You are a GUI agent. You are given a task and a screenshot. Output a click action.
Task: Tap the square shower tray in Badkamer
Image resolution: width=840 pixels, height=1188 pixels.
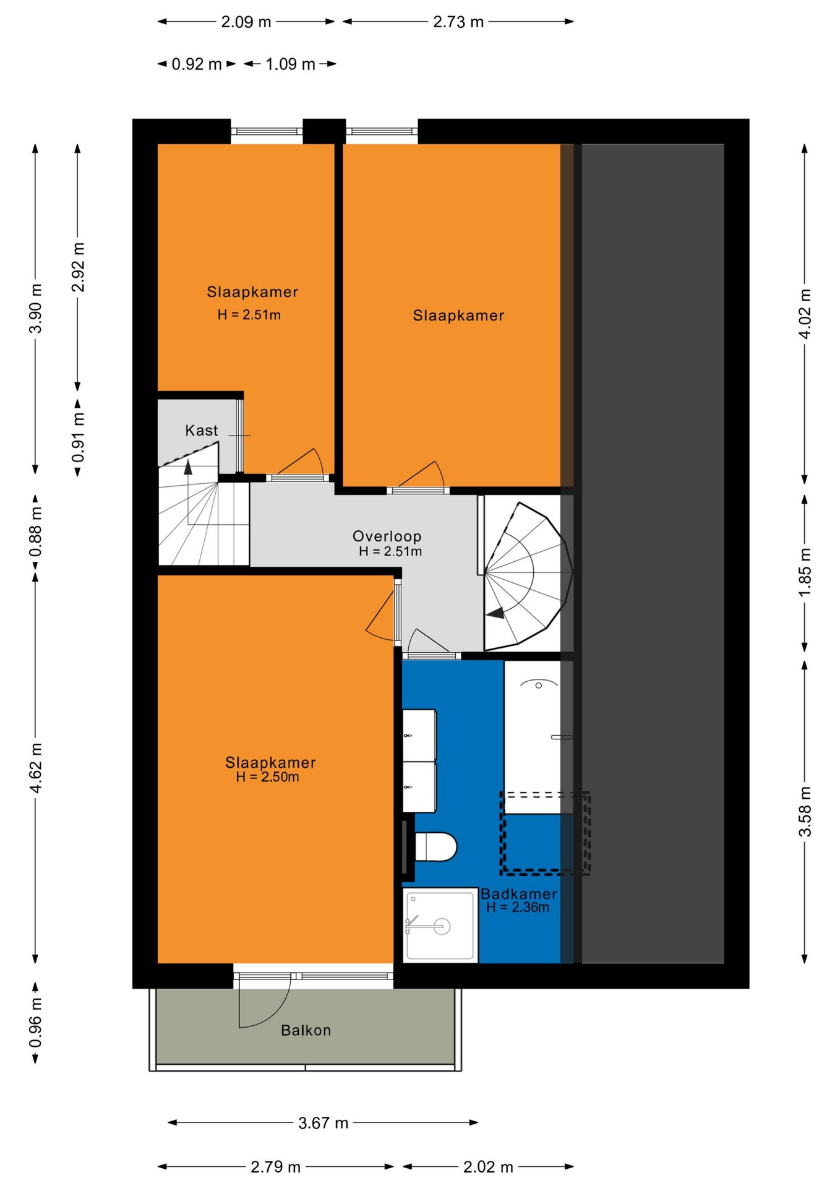click(440, 926)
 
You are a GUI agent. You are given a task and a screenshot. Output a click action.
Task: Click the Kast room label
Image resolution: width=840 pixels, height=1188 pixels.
click(201, 431)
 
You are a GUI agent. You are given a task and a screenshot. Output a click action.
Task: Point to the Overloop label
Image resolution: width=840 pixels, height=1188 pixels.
click(387, 536)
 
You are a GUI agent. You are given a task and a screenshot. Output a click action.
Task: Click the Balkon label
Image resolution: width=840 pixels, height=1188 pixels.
click(306, 1030)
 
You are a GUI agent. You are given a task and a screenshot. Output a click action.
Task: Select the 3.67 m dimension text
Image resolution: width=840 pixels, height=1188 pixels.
click(323, 1123)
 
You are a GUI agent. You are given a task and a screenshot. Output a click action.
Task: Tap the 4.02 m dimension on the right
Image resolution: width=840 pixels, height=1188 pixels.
click(805, 314)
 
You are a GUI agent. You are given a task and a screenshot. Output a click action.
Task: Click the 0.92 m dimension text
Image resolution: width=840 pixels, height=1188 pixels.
click(196, 64)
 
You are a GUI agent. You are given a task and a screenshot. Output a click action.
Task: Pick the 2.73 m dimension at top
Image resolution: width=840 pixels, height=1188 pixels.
click(458, 22)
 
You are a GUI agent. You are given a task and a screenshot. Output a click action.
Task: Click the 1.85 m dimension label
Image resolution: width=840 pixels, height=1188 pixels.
click(805, 572)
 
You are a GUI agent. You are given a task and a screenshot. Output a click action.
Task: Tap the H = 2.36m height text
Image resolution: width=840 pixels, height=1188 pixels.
click(517, 908)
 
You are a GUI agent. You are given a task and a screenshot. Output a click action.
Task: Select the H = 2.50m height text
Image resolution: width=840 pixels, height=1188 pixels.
click(267, 777)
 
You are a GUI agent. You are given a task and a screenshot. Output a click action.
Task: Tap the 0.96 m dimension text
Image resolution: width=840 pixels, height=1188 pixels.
click(36, 1022)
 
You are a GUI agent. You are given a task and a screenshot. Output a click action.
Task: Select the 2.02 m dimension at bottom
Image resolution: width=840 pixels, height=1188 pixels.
click(488, 1168)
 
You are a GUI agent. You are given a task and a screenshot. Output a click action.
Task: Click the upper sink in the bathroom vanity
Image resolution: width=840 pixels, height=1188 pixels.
click(419, 735)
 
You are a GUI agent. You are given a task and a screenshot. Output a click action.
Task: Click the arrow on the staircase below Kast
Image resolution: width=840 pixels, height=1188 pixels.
click(188, 467)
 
